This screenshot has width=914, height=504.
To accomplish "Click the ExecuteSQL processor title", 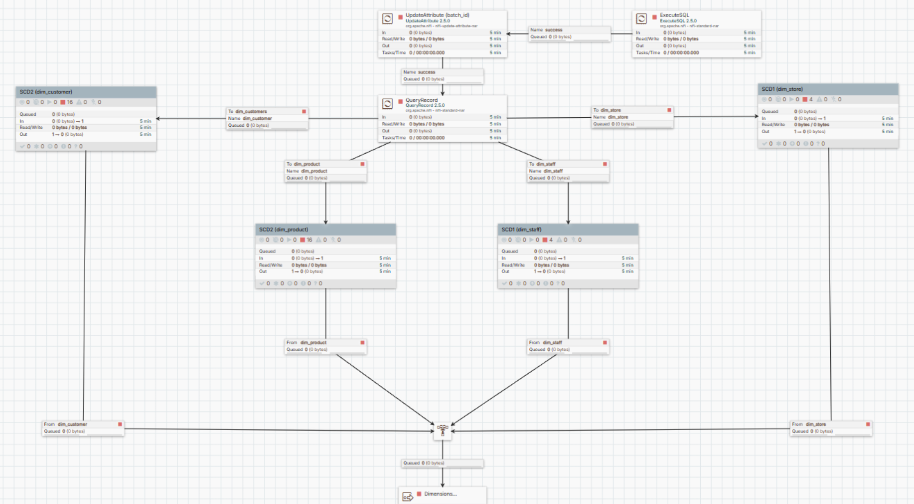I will click(674, 15).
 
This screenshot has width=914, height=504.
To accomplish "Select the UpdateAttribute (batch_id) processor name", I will click(437, 15).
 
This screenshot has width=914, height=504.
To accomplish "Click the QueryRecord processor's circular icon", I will click(387, 103).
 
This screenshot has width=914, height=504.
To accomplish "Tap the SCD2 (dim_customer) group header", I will click(86, 92).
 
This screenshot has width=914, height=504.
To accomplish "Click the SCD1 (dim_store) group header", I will click(828, 89).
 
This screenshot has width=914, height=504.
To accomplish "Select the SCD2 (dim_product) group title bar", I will click(325, 230).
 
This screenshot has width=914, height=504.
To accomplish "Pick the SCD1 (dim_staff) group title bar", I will click(568, 230).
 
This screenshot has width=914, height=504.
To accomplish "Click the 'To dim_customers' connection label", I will click(267, 118).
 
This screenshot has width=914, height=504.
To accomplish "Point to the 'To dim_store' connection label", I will click(631, 117).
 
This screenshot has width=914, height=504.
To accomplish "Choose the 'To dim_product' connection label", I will click(325, 171).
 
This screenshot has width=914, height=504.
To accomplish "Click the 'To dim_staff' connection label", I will click(568, 171).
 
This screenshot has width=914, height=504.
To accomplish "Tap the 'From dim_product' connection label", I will click(325, 346).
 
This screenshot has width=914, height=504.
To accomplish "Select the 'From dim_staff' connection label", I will click(568, 346).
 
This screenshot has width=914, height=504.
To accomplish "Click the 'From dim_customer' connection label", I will click(83, 428).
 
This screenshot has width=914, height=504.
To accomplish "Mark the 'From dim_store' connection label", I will click(830, 428).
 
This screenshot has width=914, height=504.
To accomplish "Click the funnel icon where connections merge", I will click(443, 431).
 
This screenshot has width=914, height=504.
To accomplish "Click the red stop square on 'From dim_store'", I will click(868, 424).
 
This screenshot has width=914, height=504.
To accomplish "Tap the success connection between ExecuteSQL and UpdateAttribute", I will click(569, 33).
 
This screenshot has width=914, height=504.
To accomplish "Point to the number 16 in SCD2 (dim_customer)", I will click(70, 102).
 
